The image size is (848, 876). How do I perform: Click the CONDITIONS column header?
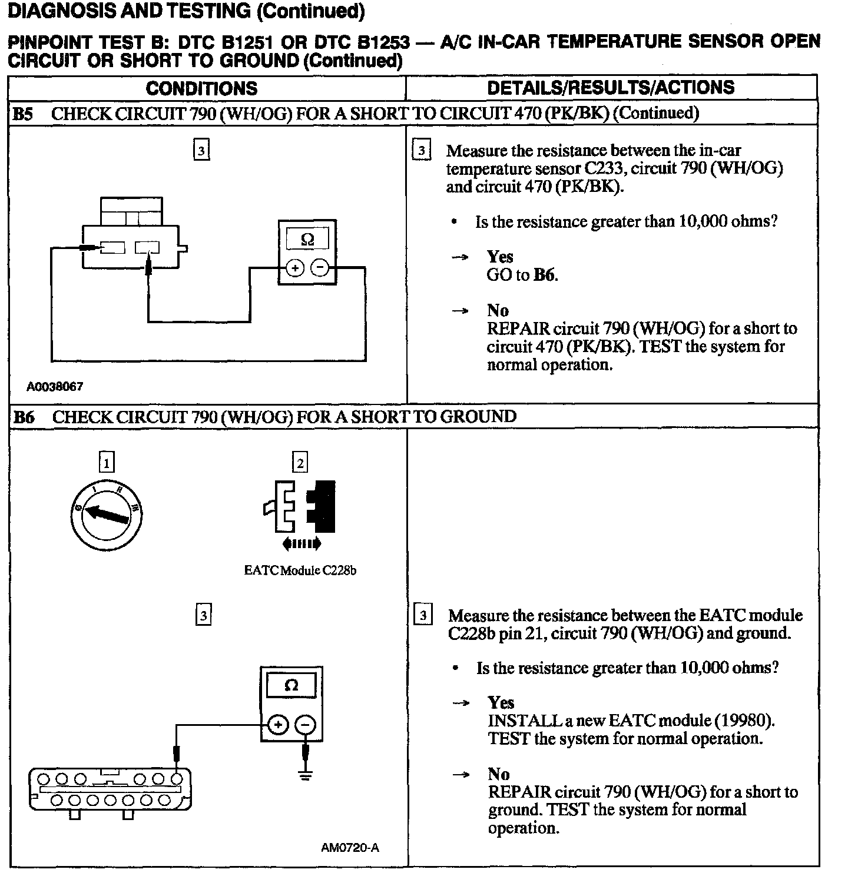tap(201, 88)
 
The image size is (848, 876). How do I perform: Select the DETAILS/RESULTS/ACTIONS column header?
tap(611, 88)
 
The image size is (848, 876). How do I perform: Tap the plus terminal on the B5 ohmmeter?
tap(294, 268)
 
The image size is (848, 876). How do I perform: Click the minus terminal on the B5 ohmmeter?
tap(320, 268)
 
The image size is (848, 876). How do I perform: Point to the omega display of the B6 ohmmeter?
tap(291, 685)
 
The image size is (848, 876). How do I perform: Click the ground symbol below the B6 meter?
tap(305, 775)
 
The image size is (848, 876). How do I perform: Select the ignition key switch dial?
tap(107, 513)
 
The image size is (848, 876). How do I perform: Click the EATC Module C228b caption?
tap(300, 570)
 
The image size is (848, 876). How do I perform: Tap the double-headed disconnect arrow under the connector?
tap(302, 544)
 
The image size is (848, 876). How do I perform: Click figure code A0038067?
tap(55, 387)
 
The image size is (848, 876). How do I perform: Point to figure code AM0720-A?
tap(350, 848)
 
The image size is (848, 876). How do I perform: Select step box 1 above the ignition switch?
tap(107, 463)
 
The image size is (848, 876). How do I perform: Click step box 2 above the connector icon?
tap(300, 463)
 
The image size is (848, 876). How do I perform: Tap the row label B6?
tap(24, 417)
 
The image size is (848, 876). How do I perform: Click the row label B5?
tap(23, 114)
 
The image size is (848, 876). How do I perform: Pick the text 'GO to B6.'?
tap(522, 275)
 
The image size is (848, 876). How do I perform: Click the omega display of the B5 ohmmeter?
tap(307, 240)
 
